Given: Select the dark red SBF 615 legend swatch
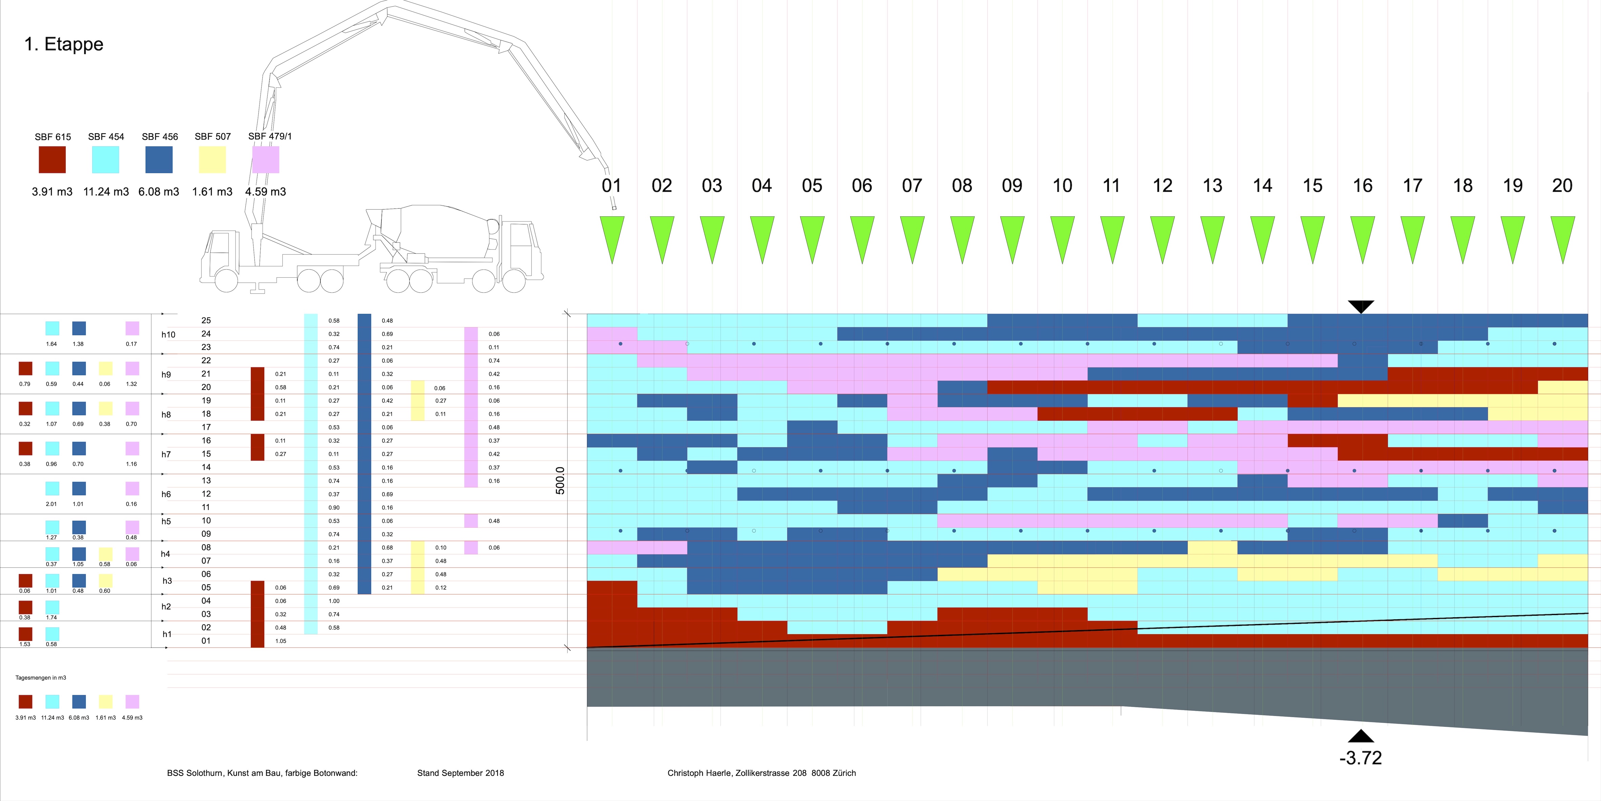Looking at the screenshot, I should [x=52, y=160].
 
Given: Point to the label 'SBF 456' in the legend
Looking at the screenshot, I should [x=160, y=137].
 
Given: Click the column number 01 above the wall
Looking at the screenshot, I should [x=612, y=185].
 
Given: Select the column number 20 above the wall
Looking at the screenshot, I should [x=1562, y=185].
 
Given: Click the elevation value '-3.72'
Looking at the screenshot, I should [x=1360, y=758].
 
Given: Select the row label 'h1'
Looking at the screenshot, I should [x=166, y=634].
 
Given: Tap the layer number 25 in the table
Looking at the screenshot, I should [x=206, y=320].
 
